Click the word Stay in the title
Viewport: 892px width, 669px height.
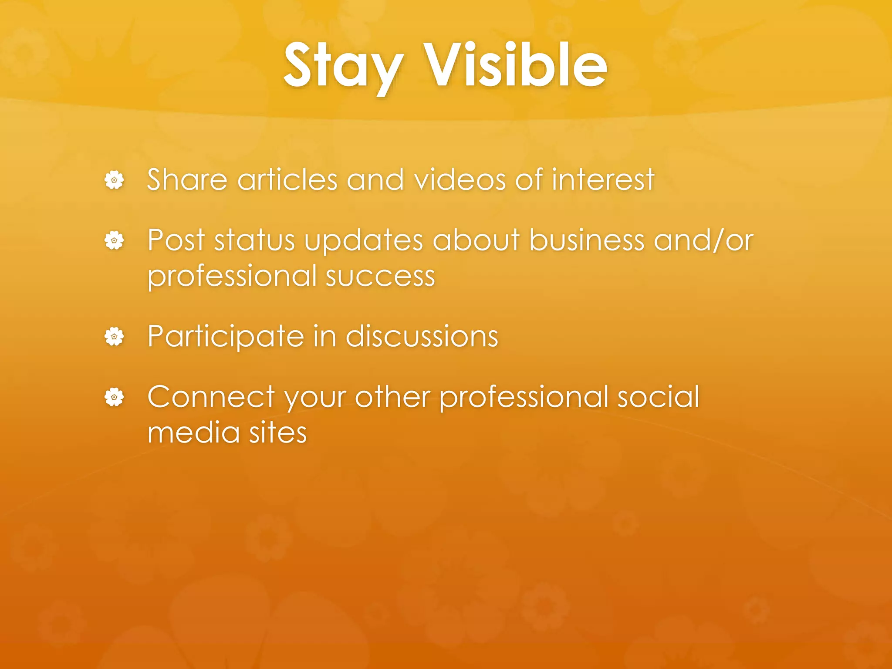(x=343, y=66)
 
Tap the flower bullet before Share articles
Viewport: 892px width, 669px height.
(x=114, y=180)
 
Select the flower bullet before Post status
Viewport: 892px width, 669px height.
(x=114, y=240)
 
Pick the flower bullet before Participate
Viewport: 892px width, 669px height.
(x=114, y=337)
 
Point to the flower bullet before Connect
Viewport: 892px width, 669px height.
(x=114, y=397)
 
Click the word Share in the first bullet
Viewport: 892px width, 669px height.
(x=187, y=180)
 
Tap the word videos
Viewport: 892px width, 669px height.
(x=460, y=180)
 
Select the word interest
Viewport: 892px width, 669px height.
(x=603, y=180)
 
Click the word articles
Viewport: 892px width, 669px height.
(x=287, y=180)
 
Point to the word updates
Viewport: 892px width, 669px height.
(x=364, y=241)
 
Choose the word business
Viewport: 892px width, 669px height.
(x=587, y=240)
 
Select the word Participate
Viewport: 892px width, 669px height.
(x=226, y=337)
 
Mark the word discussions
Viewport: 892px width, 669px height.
(x=422, y=337)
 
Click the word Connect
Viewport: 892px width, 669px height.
(x=211, y=397)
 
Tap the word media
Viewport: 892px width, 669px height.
(x=193, y=433)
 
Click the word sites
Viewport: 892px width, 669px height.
(x=278, y=433)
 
